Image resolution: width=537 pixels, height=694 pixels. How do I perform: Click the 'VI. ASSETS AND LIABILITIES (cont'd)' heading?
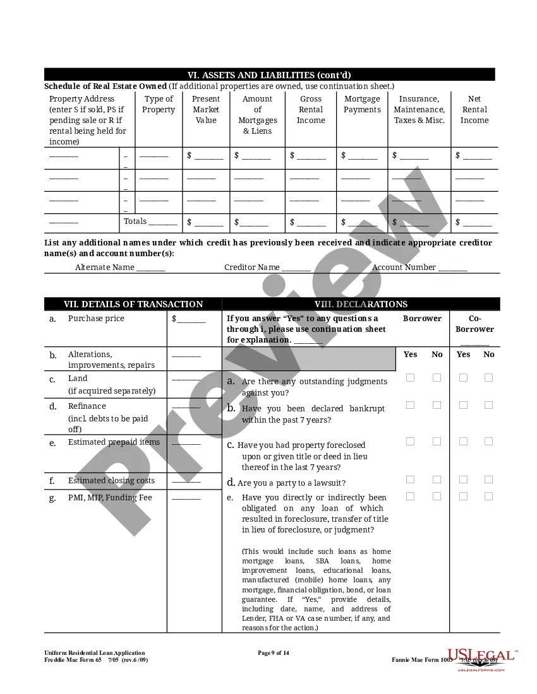[x=269, y=75]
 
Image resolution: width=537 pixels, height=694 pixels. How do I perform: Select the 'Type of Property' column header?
[x=159, y=104]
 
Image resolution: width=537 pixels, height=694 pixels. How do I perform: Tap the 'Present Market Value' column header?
[x=206, y=109]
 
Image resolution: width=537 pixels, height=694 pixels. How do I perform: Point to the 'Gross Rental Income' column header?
[x=311, y=109]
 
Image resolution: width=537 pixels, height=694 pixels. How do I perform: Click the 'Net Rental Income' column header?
[x=474, y=109]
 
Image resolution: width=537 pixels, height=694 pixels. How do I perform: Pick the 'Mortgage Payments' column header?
[x=362, y=104]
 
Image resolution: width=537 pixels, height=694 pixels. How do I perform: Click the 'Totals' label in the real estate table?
[x=135, y=221]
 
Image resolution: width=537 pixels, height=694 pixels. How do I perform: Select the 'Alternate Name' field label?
[x=105, y=268]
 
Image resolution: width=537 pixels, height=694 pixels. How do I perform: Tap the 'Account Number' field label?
[x=404, y=268]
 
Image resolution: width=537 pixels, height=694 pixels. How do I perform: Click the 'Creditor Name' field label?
[x=252, y=268]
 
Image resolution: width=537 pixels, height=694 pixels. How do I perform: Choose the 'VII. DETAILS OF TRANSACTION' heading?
[x=133, y=304]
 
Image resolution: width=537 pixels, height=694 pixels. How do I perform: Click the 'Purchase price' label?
[x=96, y=319]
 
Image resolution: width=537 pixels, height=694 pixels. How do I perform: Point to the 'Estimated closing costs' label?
[x=111, y=481]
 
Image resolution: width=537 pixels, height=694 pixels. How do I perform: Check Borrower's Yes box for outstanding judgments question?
[x=411, y=378]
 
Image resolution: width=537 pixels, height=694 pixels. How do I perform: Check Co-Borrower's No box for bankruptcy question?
[x=488, y=405]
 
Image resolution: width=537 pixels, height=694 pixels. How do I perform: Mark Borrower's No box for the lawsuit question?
[x=437, y=480]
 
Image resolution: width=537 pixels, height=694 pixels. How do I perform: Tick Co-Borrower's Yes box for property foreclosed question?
[x=463, y=442]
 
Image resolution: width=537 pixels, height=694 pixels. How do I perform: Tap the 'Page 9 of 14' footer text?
[x=274, y=653]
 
